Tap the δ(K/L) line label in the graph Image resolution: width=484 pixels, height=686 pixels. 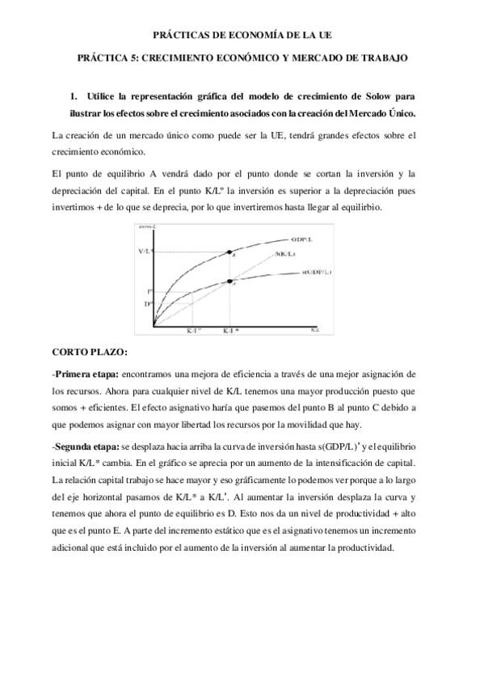coord(285,254)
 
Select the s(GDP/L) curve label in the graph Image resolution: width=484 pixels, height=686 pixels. coord(309,273)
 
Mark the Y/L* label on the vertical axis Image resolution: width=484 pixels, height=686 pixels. coord(145,252)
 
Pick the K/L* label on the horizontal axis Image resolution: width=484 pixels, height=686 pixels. coord(230,332)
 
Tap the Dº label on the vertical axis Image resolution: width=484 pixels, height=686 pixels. coord(148,303)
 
